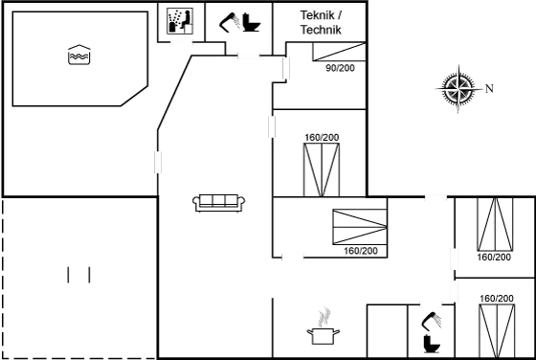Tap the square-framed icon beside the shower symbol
[x=180, y=19]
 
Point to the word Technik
[x=321, y=31]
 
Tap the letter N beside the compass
[x=487, y=89]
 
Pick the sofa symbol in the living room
[x=219, y=201]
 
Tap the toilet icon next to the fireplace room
[x=430, y=328]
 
